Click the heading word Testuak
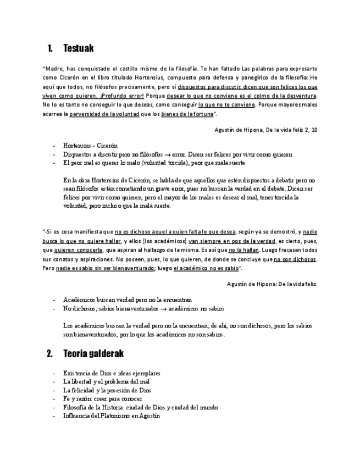coord(79,48)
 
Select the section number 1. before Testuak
coord(50,48)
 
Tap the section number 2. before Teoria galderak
coord(50,353)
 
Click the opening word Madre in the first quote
coord(54,69)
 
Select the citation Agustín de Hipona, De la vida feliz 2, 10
coord(265,130)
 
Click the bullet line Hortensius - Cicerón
coord(90,146)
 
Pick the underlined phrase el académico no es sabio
coord(206,268)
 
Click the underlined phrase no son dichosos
coord(295,259)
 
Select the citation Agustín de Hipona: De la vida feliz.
coord(272,284)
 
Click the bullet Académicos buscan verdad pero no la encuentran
coord(128,300)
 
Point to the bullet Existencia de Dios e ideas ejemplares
coord(112,373)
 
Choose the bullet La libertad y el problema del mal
coord(106,381)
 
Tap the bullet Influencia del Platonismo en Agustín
coord(111,416)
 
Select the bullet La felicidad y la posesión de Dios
coord(107,390)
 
